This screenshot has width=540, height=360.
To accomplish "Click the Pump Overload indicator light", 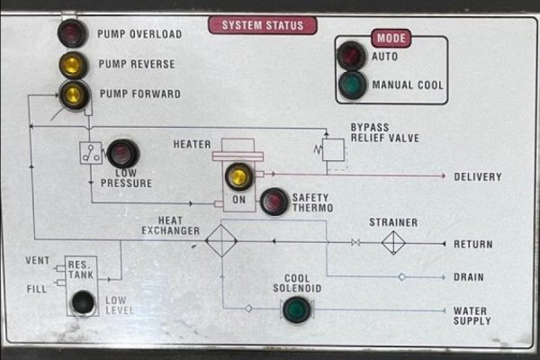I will tap(70, 34).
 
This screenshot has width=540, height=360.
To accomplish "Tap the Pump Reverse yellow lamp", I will tap(70, 64).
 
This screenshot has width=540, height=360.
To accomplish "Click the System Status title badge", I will tap(263, 26).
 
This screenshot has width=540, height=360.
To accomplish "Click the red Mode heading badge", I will tap(391, 39).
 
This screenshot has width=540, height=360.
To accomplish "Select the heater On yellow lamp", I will tap(238, 175).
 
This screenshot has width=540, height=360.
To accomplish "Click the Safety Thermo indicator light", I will tap(273, 202).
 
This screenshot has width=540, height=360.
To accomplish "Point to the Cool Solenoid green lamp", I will tap(293, 310).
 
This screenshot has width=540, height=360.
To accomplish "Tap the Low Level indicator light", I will tap(84, 303).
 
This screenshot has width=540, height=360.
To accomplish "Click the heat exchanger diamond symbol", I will tap(220, 242).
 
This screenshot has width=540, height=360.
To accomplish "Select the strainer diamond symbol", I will tap(393, 243).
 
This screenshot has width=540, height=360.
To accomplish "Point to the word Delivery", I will tap(478, 176).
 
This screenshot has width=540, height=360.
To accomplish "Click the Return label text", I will tap(472, 244).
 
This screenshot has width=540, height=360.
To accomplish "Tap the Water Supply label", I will tap(472, 316).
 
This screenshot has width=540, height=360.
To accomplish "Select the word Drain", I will tap(469, 277).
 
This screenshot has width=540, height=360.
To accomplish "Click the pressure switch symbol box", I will tap(90, 152).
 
